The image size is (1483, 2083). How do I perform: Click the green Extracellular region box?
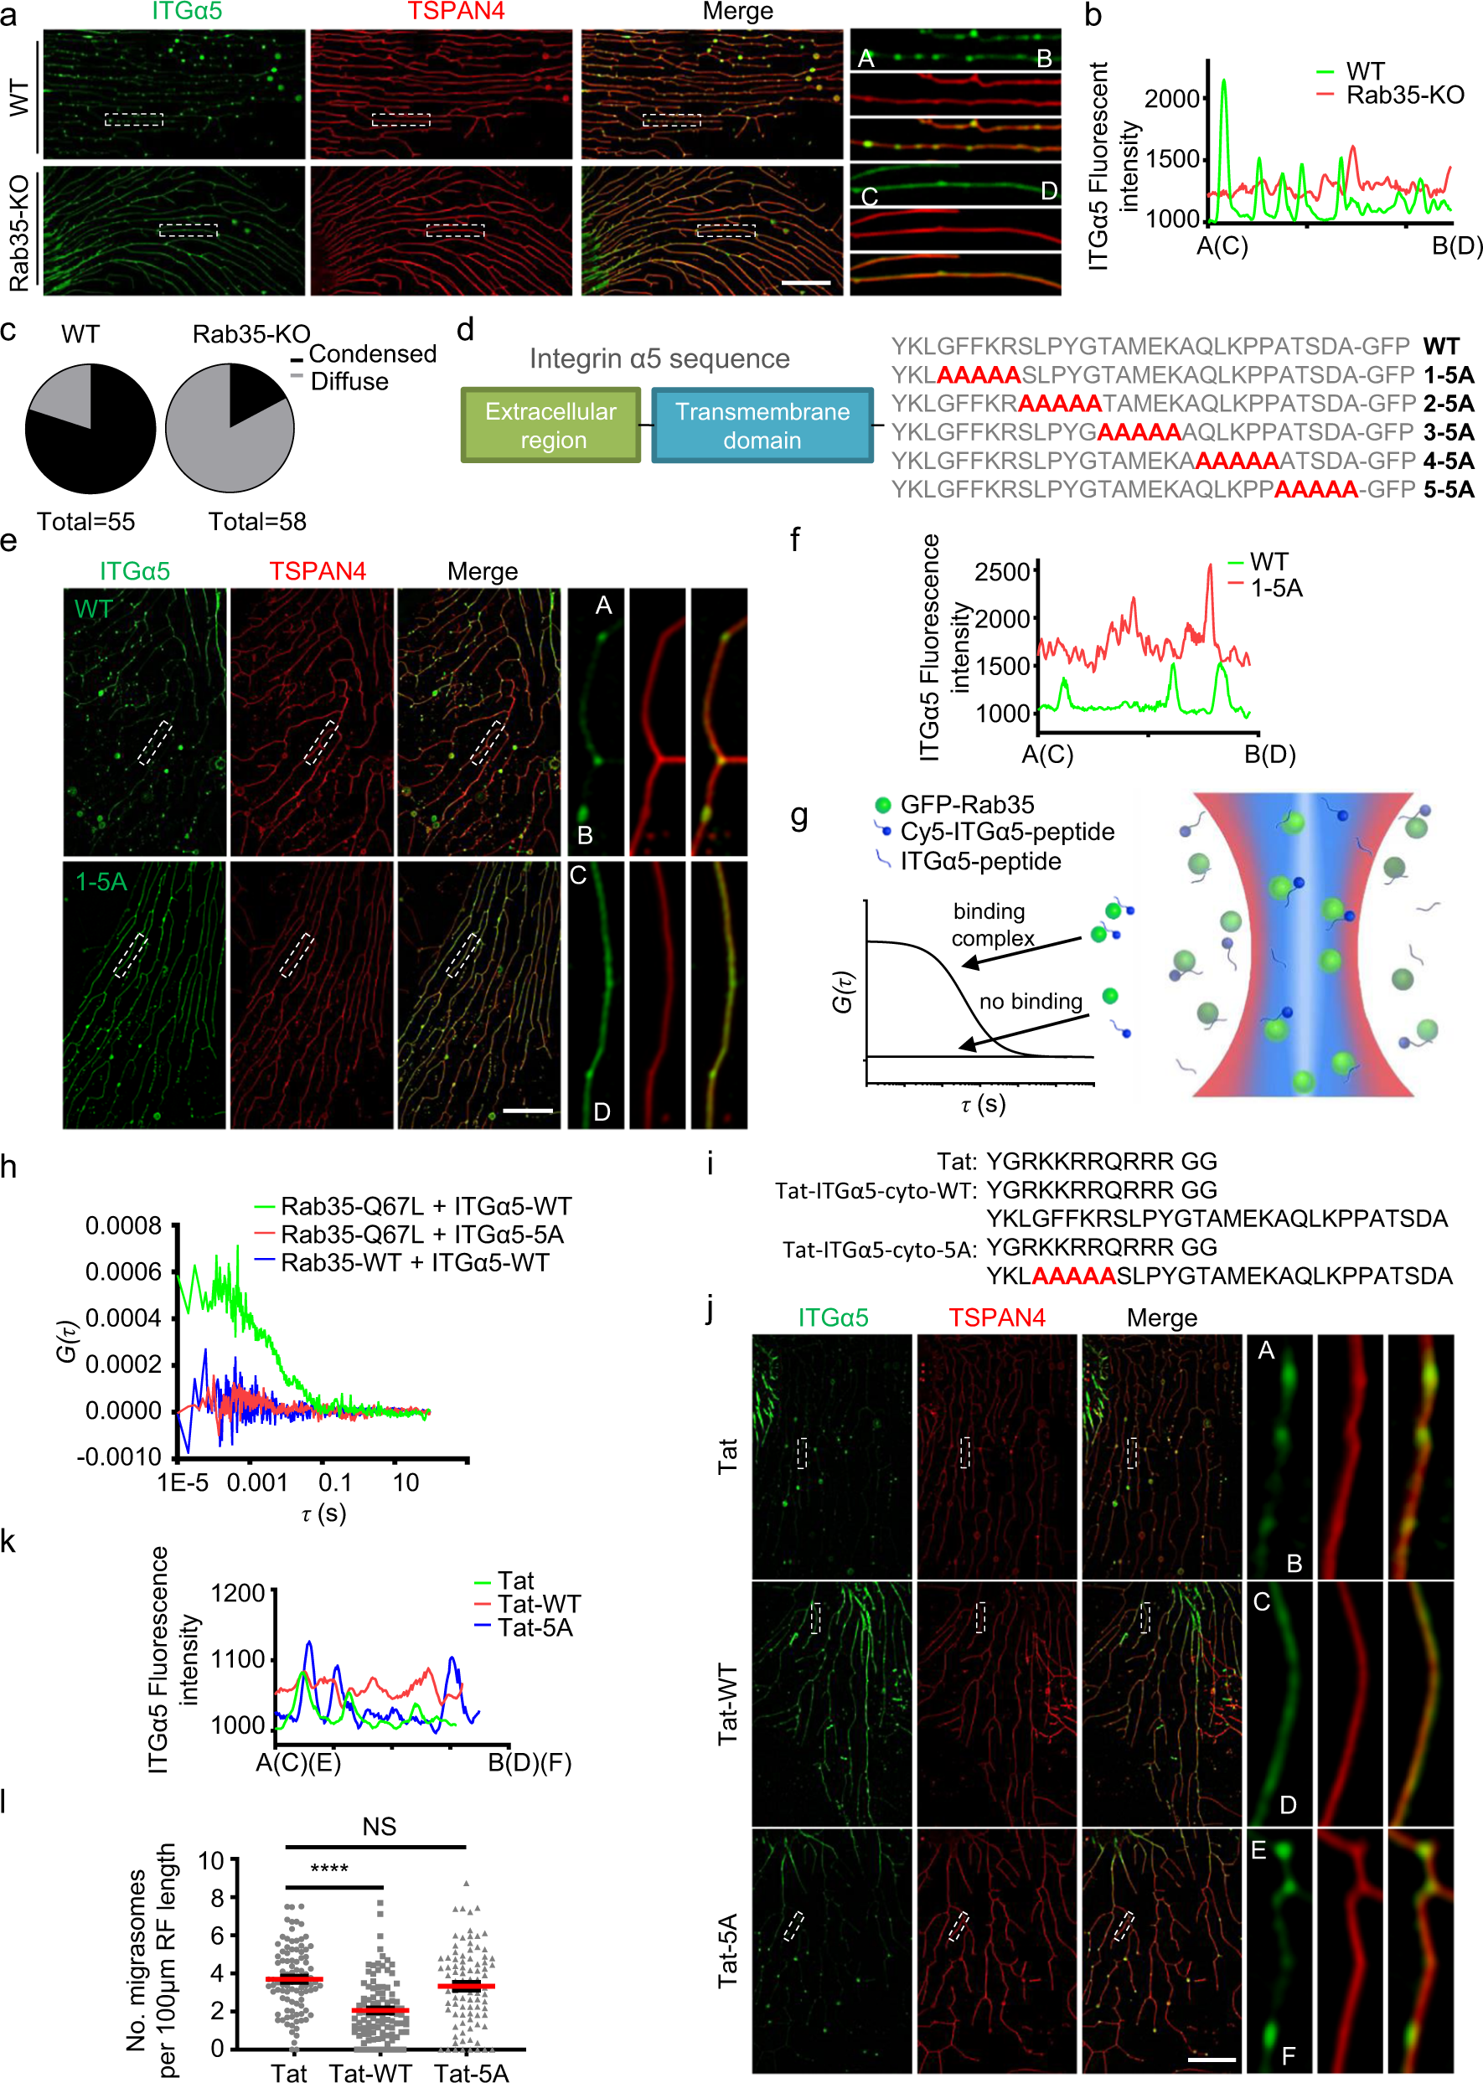[x=550, y=425]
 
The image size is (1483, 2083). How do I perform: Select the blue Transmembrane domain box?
[x=762, y=425]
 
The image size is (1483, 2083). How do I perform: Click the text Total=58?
[x=256, y=521]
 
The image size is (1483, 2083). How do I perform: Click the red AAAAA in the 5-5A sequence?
[x=1315, y=489]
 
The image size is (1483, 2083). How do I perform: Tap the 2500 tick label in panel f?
[x=1002, y=572]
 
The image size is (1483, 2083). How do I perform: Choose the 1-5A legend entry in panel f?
[x=1276, y=588]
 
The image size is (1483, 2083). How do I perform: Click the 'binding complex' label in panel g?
[x=992, y=924]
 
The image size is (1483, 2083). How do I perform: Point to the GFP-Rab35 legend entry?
[x=966, y=804]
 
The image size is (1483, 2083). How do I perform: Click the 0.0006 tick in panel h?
[x=123, y=1271]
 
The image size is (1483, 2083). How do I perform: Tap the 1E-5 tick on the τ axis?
[x=182, y=1482]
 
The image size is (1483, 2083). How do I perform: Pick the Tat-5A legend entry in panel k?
[x=535, y=1627]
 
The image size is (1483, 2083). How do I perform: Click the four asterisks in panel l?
[x=328, y=1869]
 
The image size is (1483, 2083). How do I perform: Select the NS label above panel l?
[x=379, y=1827]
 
